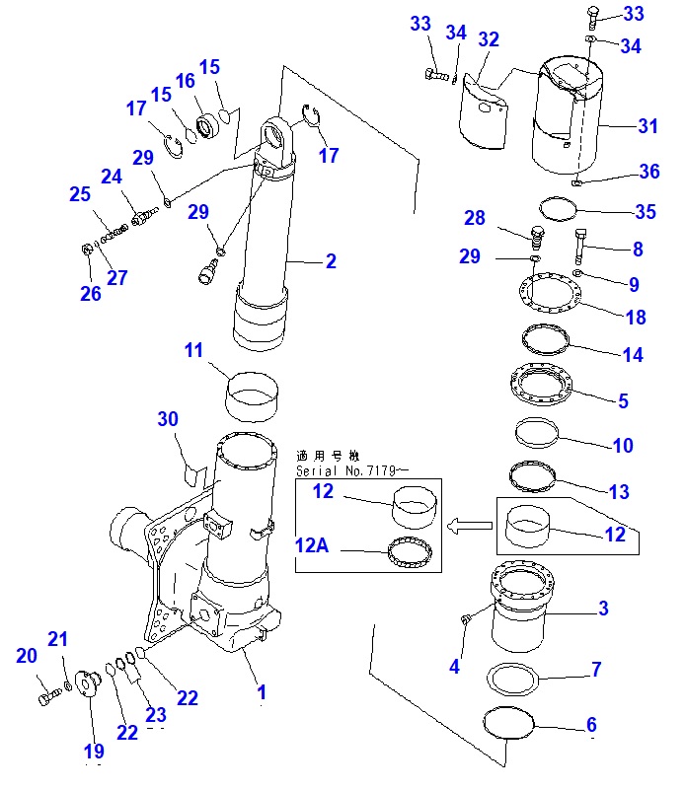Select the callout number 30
tap(168, 419)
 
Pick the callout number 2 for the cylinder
tap(331, 261)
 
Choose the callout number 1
tap(262, 692)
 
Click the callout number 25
tap(79, 195)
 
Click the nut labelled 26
tap(86, 250)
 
